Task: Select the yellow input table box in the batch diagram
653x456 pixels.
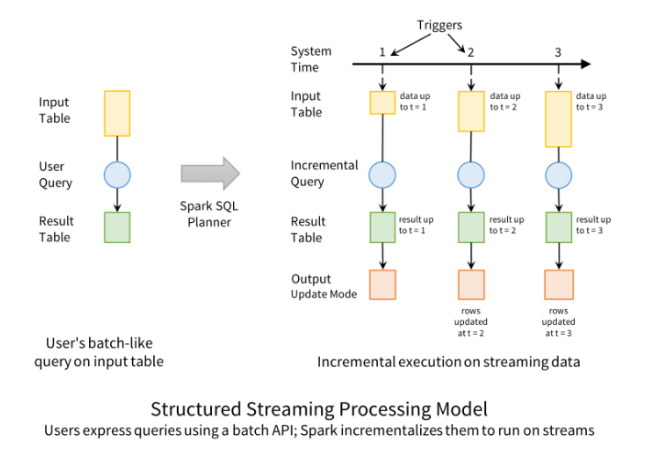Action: pos(117,113)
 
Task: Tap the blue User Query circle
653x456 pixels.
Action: pos(117,174)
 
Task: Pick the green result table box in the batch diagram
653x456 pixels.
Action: pos(117,228)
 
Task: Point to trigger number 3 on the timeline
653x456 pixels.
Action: pos(558,51)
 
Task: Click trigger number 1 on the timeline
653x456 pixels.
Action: pos(382,51)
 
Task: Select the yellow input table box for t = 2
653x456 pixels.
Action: pos(471,111)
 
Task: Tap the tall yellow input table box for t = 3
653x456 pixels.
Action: pos(559,118)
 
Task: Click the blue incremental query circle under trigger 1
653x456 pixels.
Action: pos(382,173)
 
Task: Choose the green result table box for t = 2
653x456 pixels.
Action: pos(471,227)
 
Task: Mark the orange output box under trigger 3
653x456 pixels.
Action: pos(559,284)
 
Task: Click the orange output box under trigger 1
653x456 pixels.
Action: pos(382,284)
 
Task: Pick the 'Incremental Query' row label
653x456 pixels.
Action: pos(324,173)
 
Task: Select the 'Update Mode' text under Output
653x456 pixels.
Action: pos(323,294)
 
